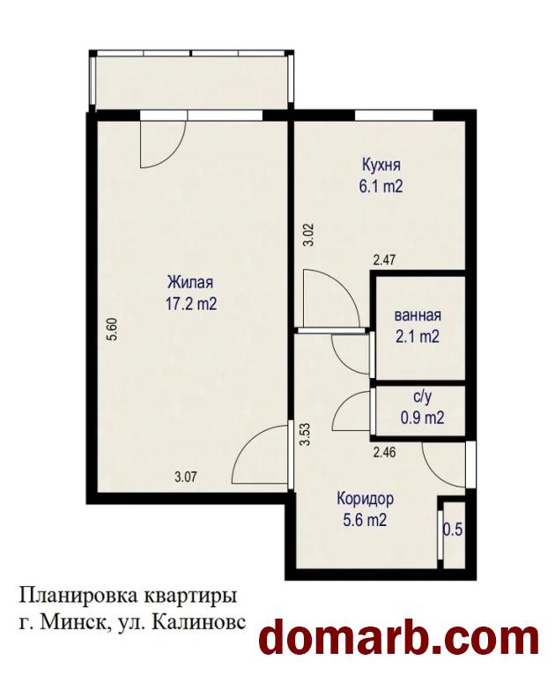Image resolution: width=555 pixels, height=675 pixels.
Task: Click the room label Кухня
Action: pyautogui.click(x=381, y=166)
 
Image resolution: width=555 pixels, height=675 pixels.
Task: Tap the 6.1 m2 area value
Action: pyautogui.click(x=381, y=187)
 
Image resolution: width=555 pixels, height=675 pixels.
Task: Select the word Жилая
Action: pyautogui.click(x=190, y=283)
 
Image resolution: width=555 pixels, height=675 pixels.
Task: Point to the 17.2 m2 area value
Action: pyautogui.click(x=190, y=305)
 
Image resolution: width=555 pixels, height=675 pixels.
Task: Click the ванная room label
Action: pyautogui.click(x=418, y=315)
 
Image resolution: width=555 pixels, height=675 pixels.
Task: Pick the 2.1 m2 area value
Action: pyautogui.click(x=418, y=337)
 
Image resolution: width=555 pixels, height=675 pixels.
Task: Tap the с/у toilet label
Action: pyautogui.click(x=422, y=397)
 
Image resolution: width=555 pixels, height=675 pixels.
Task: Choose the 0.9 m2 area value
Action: pyautogui.click(x=422, y=418)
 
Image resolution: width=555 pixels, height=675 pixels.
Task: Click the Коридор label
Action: pyautogui.click(x=365, y=500)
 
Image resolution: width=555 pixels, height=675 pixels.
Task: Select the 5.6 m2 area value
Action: pyautogui.click(x=365, y=521)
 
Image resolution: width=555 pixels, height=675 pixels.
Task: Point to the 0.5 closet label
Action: pyautogui.click(x=453, y=530)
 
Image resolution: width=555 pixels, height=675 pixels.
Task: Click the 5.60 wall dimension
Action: pyautogui.click(x=114, y=330)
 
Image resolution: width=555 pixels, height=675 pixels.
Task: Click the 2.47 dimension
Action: pyautogui.click(x=384, y=260)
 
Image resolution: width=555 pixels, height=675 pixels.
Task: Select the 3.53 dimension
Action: pyautogui.click(x=306, y=435)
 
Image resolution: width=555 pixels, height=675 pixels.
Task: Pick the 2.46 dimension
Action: pyautogui.click(x=384, y=452)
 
